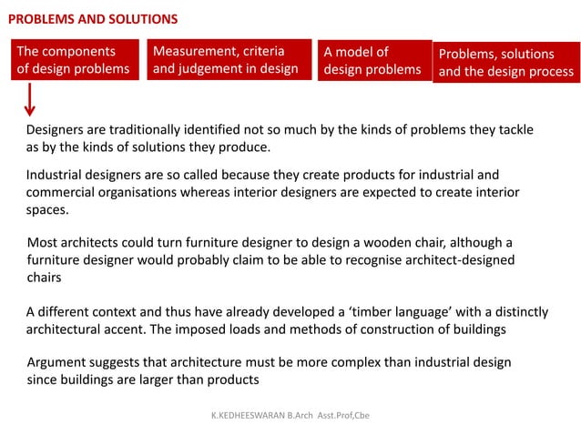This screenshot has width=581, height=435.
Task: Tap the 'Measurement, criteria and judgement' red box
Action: tap(226, 59)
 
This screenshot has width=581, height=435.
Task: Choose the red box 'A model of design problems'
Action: tap(372, 60)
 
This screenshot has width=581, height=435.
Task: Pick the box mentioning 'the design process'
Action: tap(505, 63)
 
